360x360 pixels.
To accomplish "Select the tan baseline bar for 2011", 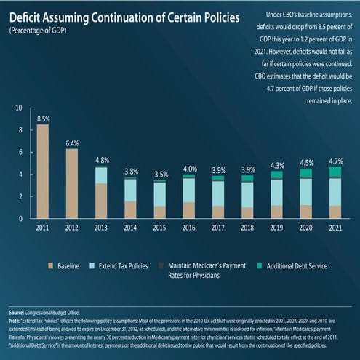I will pyautogui.click(x=43, y=172).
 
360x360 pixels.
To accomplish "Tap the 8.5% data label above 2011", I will pyautogui.click(x=43, y=118).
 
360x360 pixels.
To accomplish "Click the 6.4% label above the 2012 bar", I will pyautogui.click(x=72, y=143).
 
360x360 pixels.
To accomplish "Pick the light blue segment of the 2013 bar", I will pyautogui.click(x=101, y=175).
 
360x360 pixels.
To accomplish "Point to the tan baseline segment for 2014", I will pyautogui.click(x=130, y=209).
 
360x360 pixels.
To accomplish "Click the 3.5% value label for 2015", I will pyautogui.click(x=159, y=175).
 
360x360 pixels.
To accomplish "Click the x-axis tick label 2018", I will pyautogui.click(x=247, y=228).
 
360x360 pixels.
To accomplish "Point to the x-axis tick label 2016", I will pyautogui.click(x=188, y=228).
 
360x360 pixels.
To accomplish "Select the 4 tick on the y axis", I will pyautogui.click(x=20, y=175).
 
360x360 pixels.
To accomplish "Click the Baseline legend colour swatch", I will pyautogui.click(x=52, y=266).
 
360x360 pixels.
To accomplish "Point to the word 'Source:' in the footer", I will pyautogui.click(x=20, y=311).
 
